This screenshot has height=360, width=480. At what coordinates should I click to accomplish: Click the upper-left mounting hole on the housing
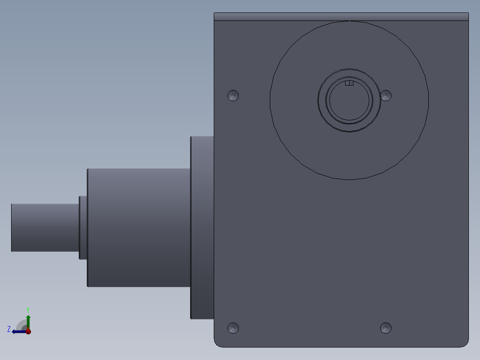[233, 95]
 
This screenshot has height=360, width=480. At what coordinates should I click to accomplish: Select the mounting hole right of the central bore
[386, 95]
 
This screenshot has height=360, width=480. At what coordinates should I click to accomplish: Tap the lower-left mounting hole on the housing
[233, 328]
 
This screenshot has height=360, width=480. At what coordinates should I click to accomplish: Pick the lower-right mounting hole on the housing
[386, 328]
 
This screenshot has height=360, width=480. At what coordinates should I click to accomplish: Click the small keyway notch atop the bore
[349, 83]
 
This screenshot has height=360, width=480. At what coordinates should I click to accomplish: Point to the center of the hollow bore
[350, 102]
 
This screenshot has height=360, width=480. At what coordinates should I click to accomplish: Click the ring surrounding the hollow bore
[350, 129]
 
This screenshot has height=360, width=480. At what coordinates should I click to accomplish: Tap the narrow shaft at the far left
[45, 227]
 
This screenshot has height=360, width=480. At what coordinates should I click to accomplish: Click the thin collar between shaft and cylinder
[83, 227]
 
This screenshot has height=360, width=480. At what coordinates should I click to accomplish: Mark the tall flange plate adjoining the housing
[202, 227]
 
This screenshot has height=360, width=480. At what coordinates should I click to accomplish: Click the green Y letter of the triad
[28, 309]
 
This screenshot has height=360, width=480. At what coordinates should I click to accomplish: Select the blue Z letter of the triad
[9, 329]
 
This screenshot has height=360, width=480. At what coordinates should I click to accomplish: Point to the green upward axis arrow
[28, 321]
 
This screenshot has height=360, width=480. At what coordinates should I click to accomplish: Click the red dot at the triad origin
[28, 331]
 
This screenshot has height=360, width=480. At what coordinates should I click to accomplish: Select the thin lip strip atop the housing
[341, 16]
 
